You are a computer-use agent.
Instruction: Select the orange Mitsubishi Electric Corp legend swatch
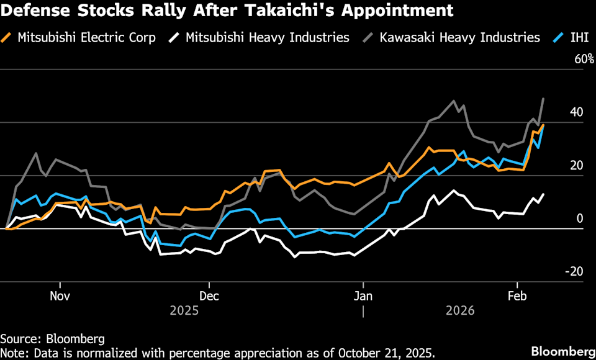(7, 38)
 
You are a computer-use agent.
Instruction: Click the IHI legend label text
(579, 38)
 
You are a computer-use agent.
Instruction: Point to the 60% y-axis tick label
(585, 60)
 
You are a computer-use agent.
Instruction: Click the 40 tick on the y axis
(577, 112)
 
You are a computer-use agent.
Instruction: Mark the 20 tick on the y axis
(577, 166)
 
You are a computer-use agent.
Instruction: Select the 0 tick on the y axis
(580, 218)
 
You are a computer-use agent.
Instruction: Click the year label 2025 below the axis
(184, 310)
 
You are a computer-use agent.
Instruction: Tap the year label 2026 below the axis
(459, 310)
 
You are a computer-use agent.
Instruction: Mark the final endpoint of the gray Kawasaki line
(544, 99)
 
